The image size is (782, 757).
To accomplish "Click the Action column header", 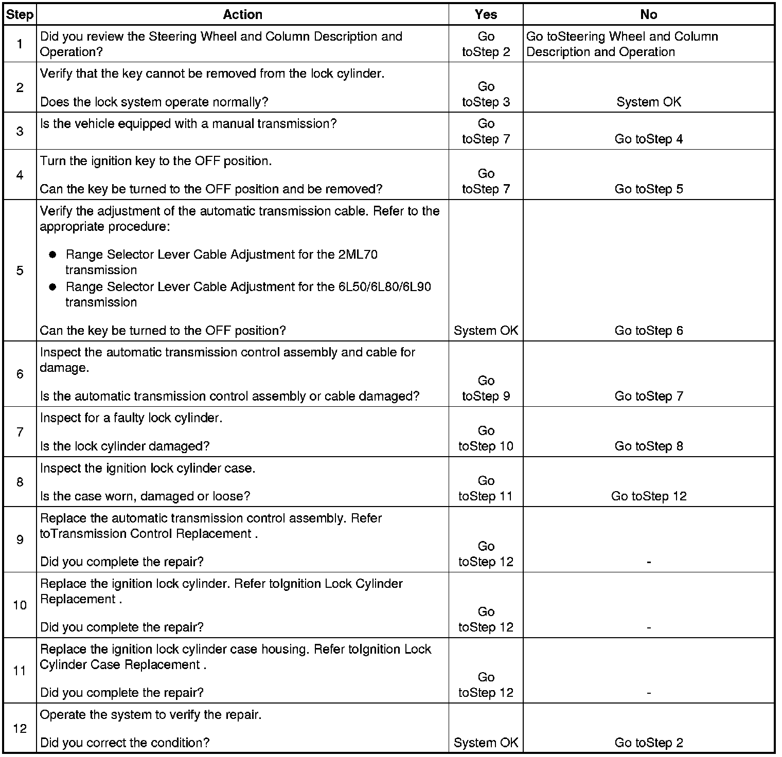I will (242, 15).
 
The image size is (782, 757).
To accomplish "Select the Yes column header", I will (486, 15).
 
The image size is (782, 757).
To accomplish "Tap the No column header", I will (648, 15).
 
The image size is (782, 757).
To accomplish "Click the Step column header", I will (20, 15).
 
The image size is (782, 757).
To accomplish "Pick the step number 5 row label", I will (20, 271).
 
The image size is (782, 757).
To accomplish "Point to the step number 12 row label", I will (20, 729).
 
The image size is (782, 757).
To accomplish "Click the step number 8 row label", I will (20, 482).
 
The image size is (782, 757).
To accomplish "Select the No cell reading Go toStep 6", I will (648, 331).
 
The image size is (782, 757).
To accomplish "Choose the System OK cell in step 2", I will (648, 102).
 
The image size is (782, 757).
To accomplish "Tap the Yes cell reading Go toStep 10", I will (486, 439).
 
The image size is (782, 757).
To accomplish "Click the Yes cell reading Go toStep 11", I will (486, 489).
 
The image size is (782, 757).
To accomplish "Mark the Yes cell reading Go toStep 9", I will (486, 388).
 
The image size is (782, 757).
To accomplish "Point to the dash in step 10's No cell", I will (648, 627).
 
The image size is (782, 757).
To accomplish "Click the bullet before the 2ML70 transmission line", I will (52, 255).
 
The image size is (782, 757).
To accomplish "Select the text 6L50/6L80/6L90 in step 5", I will (384, 286).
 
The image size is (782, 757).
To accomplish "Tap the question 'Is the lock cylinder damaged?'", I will (125, 446).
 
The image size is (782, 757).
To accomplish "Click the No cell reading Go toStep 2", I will (648, 743).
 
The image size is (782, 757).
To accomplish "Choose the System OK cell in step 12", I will (486, 743).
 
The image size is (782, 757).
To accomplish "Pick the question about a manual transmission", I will (188, 124).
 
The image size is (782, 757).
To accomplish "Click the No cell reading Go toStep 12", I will (648, 496).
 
